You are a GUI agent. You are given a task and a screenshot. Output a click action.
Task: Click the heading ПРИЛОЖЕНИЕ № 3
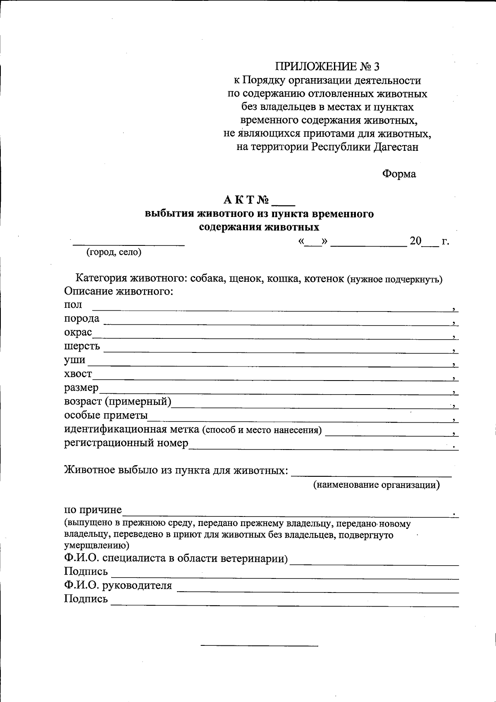[x=327, y=67]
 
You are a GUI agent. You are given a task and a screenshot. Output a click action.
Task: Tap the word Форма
[x=398, y=174]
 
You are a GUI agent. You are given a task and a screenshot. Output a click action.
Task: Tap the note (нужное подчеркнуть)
[x=394, y=279]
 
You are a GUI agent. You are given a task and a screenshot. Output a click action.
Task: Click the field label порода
[x=82, y=319]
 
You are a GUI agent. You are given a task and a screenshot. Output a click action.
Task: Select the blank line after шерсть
[x=277, y=351]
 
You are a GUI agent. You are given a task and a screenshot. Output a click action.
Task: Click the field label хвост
[x=78, y=374]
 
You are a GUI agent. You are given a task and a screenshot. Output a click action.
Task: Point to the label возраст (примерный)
[x=118, y=401]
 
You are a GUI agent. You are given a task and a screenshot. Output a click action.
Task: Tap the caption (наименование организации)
[x=376, y=485]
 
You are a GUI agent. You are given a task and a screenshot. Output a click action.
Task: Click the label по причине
[x=93, y=509]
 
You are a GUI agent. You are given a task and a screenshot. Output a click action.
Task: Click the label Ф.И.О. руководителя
[x=118, y=585]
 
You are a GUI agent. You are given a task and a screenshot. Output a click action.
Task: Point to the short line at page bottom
[x=259, y=645]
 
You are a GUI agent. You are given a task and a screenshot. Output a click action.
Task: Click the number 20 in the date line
[x=415, y=241]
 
